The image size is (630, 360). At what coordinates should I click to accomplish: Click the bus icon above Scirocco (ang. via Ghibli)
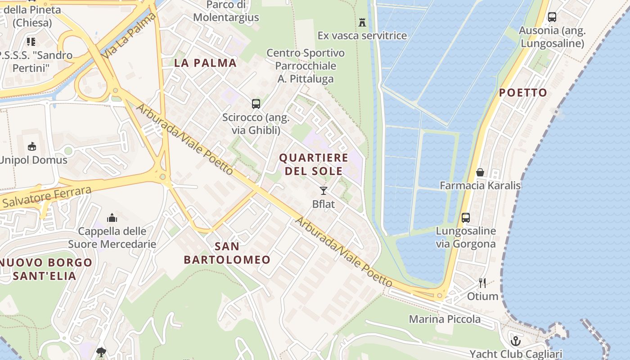pos(256,104)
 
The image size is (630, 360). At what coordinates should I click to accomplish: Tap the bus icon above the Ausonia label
pos(552,17)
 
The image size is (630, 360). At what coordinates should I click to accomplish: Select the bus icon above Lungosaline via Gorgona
pos(466,218)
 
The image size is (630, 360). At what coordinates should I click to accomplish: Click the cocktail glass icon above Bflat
pos(324,190)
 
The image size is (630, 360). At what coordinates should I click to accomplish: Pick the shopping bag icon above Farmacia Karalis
pos(480,172)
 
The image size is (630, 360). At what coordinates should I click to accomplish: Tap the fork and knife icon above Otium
pos(482,283)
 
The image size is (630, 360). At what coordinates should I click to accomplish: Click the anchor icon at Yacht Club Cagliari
pos(516,341)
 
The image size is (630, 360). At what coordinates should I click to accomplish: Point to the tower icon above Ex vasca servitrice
pos(362,22)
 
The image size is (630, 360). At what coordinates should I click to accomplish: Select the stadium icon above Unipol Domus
pos(32,147)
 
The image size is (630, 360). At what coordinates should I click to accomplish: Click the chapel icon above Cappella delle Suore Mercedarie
pos(112,218)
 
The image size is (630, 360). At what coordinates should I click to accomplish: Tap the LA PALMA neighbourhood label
pos(205,63)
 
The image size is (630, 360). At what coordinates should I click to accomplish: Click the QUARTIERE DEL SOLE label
pos(314,164)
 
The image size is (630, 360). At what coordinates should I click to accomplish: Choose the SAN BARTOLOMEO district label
pos(227,253)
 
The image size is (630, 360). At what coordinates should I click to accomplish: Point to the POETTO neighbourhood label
pos(523,93)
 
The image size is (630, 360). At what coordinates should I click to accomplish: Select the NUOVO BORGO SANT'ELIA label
pos(45,269)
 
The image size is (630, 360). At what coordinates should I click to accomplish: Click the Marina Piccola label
pos(445,319)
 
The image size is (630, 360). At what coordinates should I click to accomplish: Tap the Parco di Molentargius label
pos(226,11)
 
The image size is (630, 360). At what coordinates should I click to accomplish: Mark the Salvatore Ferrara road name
pos(46,197)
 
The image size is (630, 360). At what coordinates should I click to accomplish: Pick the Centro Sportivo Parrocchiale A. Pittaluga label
pos(306,66)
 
